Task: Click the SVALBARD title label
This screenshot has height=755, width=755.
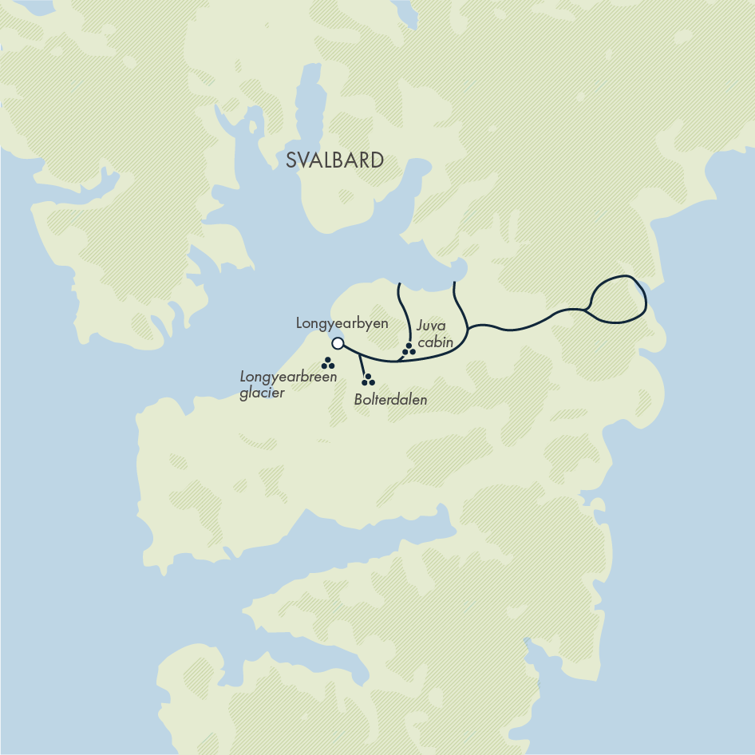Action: [334, 160]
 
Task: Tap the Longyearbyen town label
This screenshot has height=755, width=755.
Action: [342, 323]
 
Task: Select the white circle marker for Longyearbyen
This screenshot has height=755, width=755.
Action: [338, 343]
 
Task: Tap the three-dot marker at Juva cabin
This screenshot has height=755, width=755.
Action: [409, 350]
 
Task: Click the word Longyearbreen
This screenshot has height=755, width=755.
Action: [288, 377]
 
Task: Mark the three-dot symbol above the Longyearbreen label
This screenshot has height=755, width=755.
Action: [327, 363]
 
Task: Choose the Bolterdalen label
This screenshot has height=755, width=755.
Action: [390, 400]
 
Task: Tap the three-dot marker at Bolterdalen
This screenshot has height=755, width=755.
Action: [368, 381]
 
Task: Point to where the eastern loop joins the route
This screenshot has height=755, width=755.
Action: [587, 309]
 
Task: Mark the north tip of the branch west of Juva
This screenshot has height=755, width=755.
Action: [398, 282]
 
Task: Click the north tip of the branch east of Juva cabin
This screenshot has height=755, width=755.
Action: [453, 282]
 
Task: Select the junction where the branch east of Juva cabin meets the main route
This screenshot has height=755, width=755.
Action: [467, 328]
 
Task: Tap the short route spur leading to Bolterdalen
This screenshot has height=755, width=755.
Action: [362, 365]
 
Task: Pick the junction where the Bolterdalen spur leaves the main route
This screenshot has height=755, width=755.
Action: [358, 354]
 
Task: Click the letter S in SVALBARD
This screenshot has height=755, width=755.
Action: [291, 160]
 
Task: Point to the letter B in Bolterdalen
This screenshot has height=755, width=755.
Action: [358, 400]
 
